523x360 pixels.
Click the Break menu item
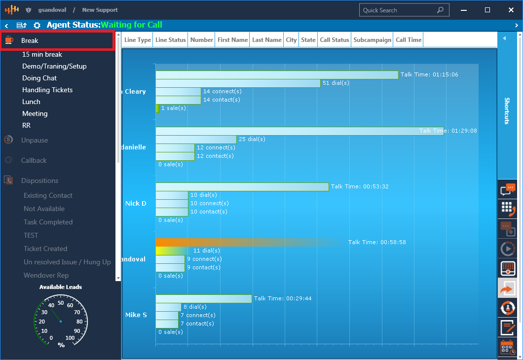(30, 40)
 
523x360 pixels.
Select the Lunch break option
(31, 102)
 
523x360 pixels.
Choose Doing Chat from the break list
(39, 78)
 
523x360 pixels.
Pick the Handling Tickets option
(47, 90)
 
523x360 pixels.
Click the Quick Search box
(399, 10)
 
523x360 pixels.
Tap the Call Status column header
(334, 40)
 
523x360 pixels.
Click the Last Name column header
(266, 40)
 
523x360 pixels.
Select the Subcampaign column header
(372, 40)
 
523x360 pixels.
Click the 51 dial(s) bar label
(336, 83)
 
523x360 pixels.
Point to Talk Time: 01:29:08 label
(448, 131)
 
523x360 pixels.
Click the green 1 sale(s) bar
(157, 108)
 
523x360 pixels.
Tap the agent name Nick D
(136, 203)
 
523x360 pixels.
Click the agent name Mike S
(136, 315)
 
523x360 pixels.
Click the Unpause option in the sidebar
(35, 140)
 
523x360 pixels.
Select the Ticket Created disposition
(45, 249)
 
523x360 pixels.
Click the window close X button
(510, 10)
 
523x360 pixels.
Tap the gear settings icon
(37, 25)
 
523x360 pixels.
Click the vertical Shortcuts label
(507, 110)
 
